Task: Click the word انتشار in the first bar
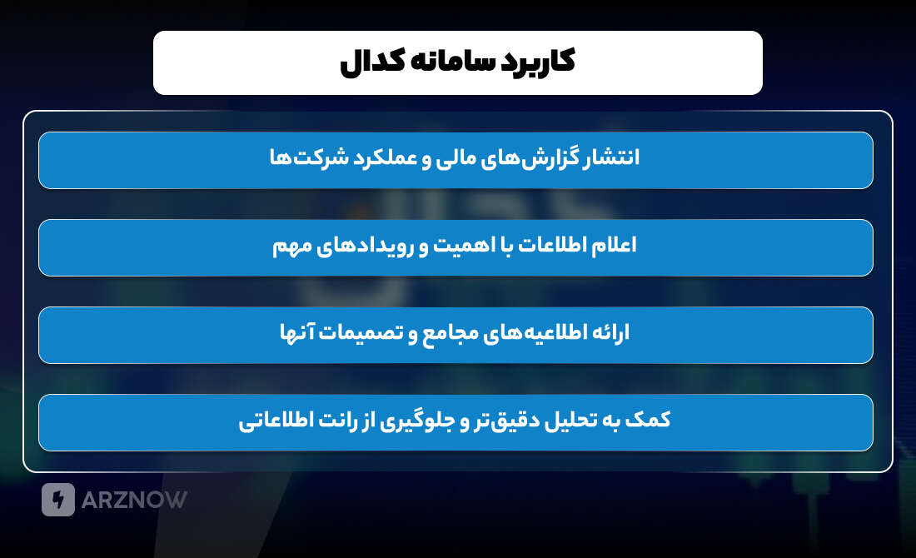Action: [x=612, y=158]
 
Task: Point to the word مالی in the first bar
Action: [x=452, y=158]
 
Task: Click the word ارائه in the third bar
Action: [x=610, y=333]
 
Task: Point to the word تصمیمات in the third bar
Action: [x=366, y=333]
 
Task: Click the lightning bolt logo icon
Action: [x=58, y=500]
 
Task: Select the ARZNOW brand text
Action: [x=134, y=500]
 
